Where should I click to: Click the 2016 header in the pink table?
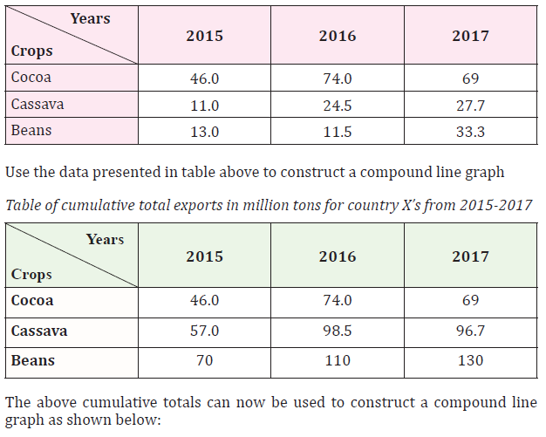[x=338, y=36]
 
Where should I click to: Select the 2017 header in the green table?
[x=470, y=256]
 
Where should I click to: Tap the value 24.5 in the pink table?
[x=338, y=106]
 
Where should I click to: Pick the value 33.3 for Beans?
[x=470, y=132]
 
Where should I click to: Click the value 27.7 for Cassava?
[x=470, y=106]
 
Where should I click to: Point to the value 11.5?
[x=338, y=132]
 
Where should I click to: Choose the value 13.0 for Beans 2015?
[x=204, y=132]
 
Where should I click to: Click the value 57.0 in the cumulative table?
[x=204, y=331]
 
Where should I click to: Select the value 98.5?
[x=338, y=331]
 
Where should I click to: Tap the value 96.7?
[x=470, y=331]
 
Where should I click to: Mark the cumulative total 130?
[x=470, y=360]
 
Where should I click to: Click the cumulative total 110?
[x=338, y=360]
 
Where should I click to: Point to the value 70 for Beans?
[x=204, y=360]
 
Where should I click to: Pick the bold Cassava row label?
[x=39, y=331]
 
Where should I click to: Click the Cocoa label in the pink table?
[x=31, y=77]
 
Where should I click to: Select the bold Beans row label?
[x=33, y=360]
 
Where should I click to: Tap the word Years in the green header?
[x=106, y=240]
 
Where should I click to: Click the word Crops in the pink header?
[x=31, y=51]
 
